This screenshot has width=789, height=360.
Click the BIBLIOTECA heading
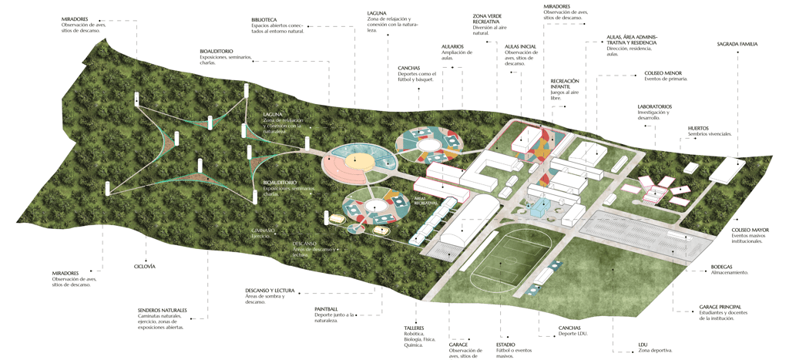point(264,19)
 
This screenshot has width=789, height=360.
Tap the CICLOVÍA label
point(145,266)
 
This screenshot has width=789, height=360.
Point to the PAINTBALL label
point(326,309)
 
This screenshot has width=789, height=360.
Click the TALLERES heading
point(414,328)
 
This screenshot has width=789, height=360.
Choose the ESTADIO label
point(506,345)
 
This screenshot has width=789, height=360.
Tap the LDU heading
point(643,344)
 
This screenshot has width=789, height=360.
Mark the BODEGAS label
point(722,267)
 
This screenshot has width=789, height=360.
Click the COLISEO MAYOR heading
point(750,230)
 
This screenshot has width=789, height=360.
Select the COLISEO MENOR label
point(663,73)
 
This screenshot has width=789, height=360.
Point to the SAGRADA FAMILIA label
point(737,45)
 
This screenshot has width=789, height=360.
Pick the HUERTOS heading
point(698,128)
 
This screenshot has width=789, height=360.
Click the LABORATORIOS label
point(654,106)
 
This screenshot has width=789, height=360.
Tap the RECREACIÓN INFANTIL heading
point(565,84)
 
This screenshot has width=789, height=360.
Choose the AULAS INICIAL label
point(520,46)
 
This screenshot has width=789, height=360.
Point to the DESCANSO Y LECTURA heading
point(270,291)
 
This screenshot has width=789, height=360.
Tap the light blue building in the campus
point(541,206)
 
